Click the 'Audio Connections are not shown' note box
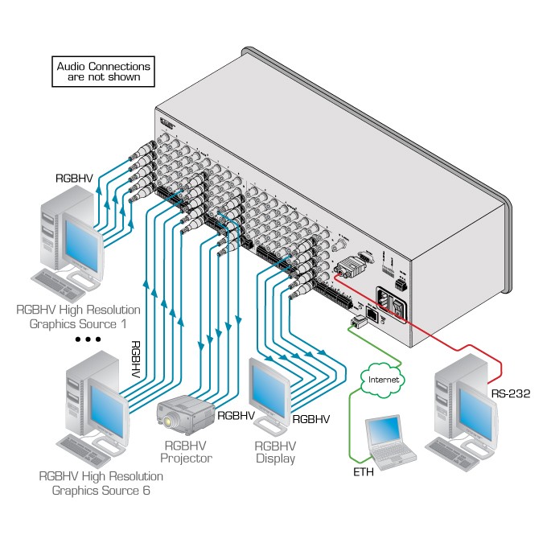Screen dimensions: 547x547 [x=103, y=72]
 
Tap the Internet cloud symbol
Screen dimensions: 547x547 [x=383, y=377]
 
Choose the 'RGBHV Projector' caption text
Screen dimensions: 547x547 [x=186, y=451]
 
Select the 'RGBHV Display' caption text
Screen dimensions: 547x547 [x=275, y=452]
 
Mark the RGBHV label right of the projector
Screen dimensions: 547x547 [x=236, y=416]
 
